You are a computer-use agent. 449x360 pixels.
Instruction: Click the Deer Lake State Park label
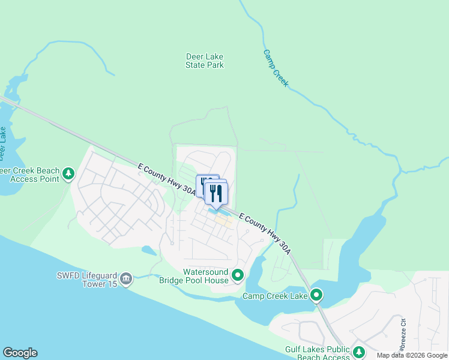click(x=205, y=61)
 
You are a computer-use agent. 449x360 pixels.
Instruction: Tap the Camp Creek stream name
click(x=276, y=68)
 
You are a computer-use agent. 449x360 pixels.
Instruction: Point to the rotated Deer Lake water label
click(x=3, y=143)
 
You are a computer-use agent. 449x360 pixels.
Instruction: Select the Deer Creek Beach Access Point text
click(x=30, y=175)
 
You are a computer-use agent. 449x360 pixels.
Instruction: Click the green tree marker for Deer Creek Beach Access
click(x=69, y=174)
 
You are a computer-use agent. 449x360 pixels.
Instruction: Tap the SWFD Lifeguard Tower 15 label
click(x=85, y=280)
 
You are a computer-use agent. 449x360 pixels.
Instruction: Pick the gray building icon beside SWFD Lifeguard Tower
click(x=126, y=279)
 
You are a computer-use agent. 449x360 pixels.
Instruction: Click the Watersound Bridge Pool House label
click(x=194, y=276)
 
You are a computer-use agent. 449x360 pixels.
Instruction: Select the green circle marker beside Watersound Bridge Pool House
click(x=238, y=276)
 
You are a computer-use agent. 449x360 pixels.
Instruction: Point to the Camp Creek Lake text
click(x=274, y=296)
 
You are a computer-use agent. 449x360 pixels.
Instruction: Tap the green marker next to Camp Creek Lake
click(x=316, y=295)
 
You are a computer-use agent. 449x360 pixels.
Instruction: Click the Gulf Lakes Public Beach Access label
click(x=317, y=354)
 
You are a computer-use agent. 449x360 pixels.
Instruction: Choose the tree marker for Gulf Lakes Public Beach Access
click(x=359, y=352)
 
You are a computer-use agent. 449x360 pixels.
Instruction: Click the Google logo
click(x=20, y=353)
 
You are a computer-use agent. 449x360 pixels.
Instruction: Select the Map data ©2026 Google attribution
click(x=412, y=355)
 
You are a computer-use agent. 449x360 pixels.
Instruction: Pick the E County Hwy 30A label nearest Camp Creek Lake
click(x=265, y=233)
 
